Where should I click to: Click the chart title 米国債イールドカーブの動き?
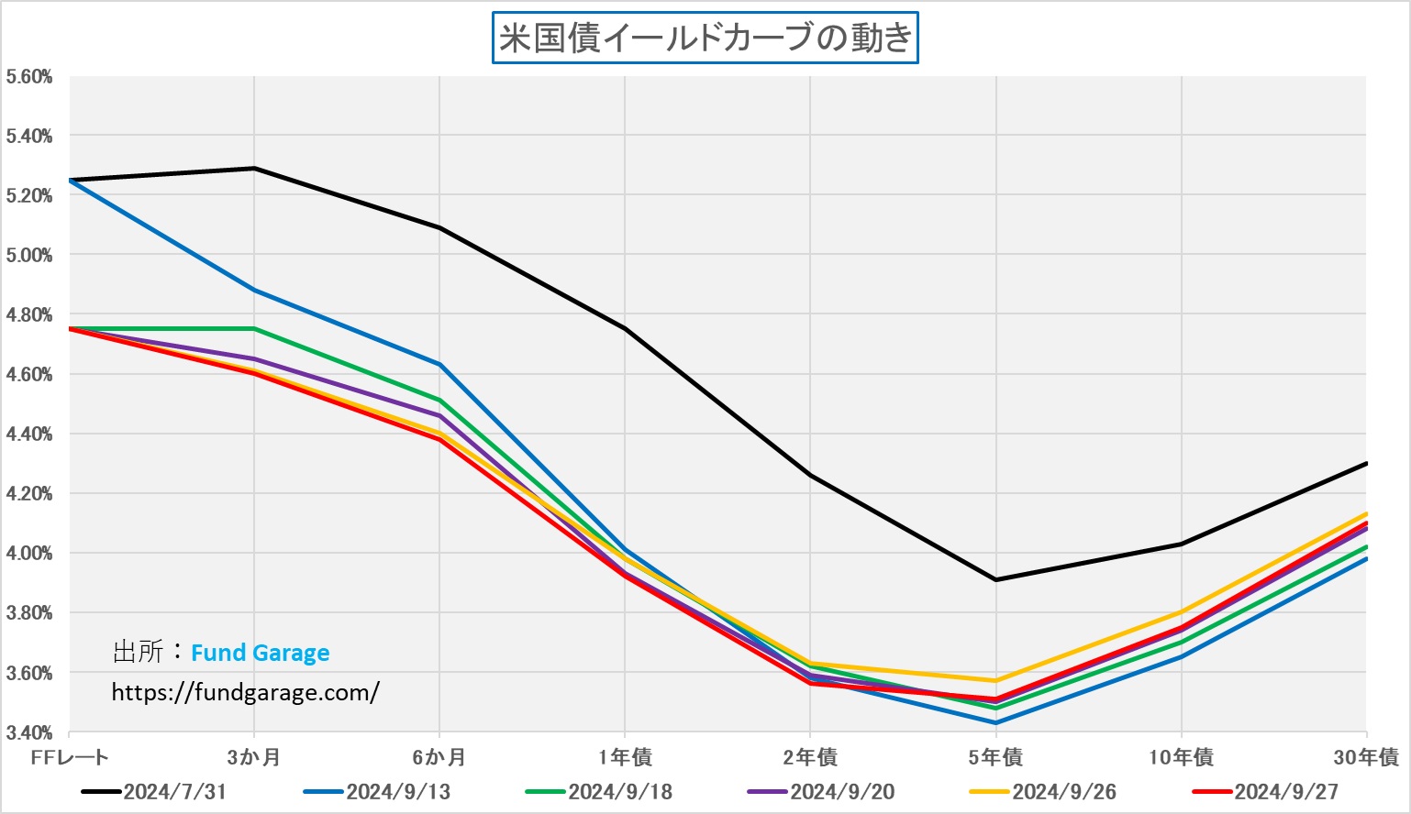705,38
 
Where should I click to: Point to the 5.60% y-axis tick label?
29,77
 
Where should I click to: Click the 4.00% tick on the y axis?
29,554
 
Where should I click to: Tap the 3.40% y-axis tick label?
29,732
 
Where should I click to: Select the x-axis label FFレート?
70,757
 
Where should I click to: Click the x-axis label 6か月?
439,757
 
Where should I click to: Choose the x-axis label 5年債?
995,757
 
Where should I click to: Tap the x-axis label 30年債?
1366,757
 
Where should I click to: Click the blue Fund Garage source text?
260,653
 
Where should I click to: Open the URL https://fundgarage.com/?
245,692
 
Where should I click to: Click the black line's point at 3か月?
254,169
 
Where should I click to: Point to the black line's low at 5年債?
995,579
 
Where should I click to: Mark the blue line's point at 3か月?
254,291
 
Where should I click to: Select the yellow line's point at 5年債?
995,680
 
